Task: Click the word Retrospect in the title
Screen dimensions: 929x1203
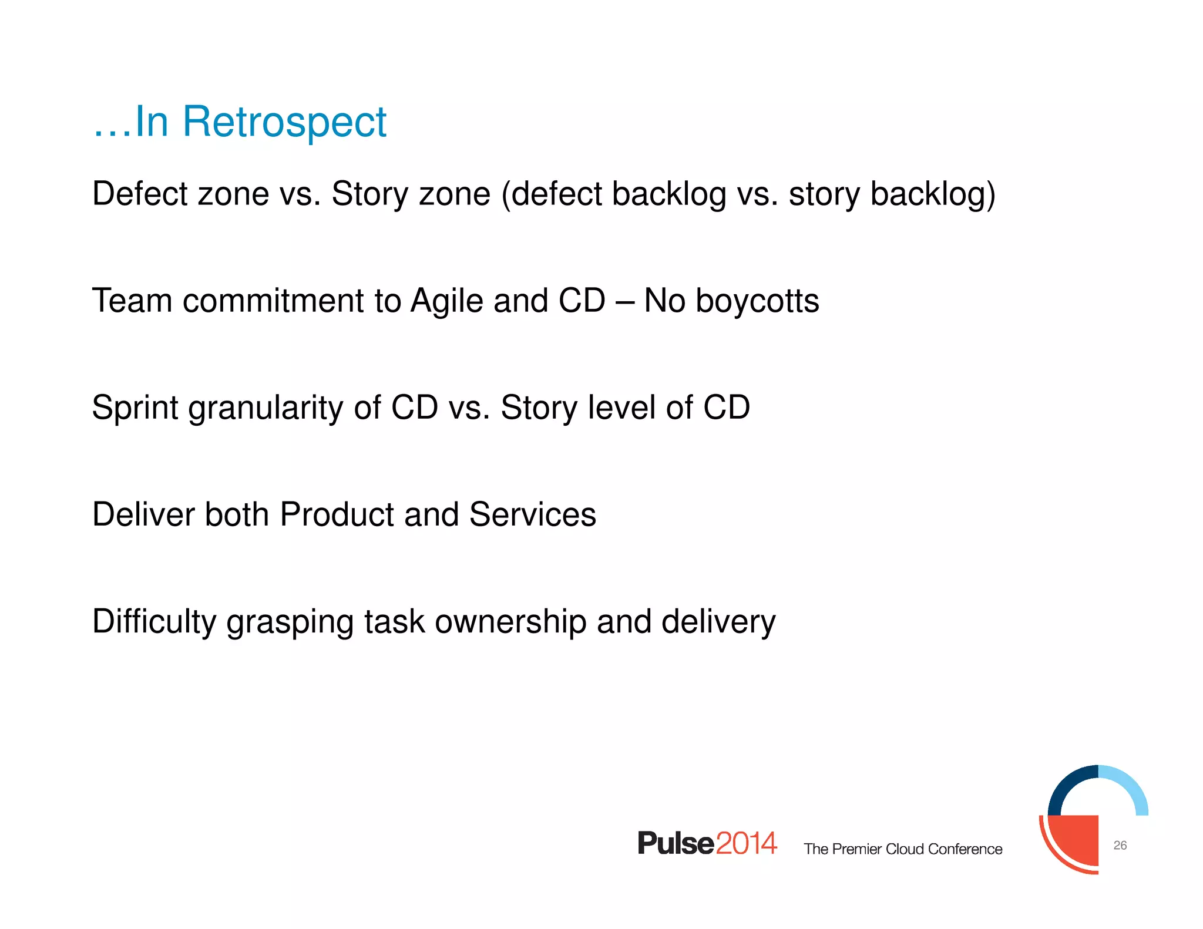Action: pyautogui.click(x=284, y=122)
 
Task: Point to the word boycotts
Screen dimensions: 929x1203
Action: pyautogui.click(x=757, y=301)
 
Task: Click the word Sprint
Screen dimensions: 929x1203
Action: pyautogui.click(x=135, y=408)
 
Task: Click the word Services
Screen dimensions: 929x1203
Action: pyautogui.click(x=532, y=514)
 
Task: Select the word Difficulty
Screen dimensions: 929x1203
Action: pyautogui.click(x=154, y=622)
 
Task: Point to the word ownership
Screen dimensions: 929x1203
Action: pyautogui.click(x=510, y=622)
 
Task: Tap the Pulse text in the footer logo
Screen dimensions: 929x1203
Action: pyautogui.click(x=676, y=843)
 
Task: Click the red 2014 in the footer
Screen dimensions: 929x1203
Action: pyautogui.click(x=746, y=843)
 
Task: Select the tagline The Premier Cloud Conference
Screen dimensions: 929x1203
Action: pyautogui.click(x=903, y=849)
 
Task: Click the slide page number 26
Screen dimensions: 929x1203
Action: pyautogui.click(x=1120, y=846)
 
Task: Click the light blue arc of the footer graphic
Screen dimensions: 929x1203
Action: pyautogui.click(x=1131, y=787)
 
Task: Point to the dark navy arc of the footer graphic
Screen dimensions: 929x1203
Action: pyautogui.click(x=1066, y=784)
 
